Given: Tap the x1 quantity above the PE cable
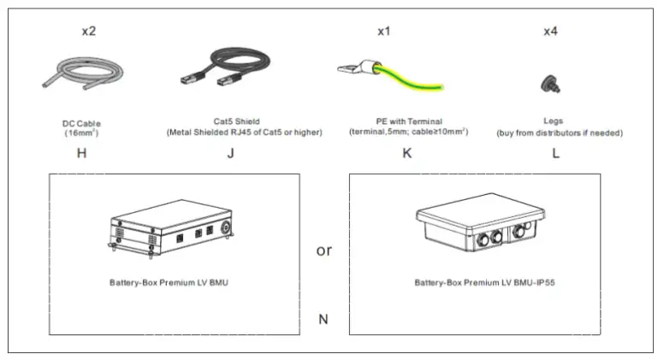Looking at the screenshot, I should (x=384, y=32).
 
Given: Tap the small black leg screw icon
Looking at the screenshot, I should (x=546, y=81).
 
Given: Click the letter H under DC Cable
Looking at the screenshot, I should (x=81, y=154).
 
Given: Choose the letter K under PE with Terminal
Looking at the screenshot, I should (x=407, y=154).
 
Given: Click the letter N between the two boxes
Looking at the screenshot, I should (x=323, y=320).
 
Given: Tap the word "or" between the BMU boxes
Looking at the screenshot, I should (x=324, y=251).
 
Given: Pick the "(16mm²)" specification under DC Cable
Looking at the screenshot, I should (x=82, y=133).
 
